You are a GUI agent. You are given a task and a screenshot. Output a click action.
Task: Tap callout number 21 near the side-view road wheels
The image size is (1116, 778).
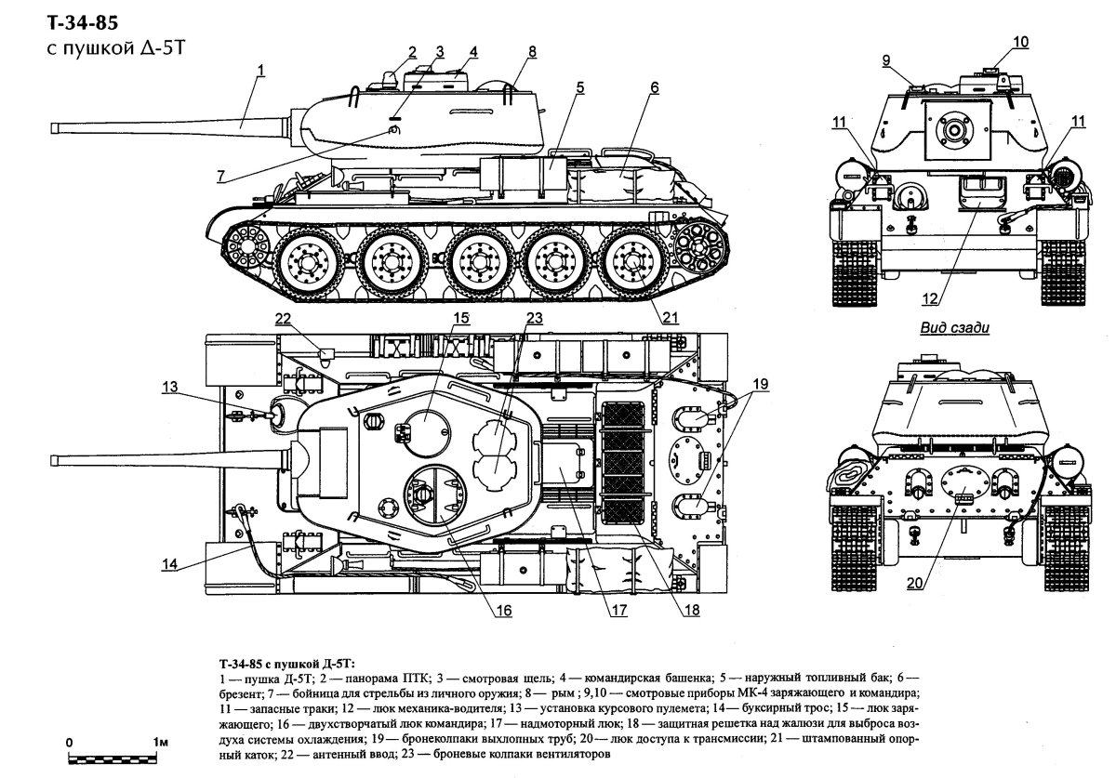coord(671,318)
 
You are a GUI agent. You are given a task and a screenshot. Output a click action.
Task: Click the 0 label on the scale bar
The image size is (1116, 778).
coord(70,744)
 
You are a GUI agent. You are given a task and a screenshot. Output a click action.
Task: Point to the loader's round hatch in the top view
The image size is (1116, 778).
coord(428,429)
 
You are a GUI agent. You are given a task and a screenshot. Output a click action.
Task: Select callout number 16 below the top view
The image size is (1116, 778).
coord(503,611)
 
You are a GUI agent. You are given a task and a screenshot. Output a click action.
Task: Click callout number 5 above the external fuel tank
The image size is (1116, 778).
coord(579,87)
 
